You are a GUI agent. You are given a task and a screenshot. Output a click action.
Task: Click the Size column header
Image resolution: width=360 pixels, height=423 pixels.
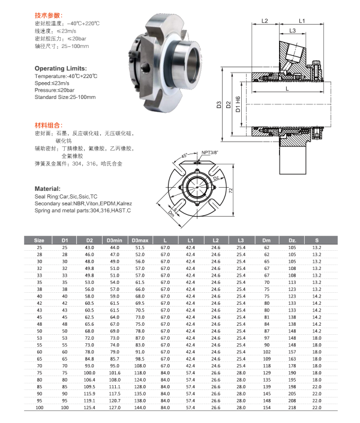click(25, 240)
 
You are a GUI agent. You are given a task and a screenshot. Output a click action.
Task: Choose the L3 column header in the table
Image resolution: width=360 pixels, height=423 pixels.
click(240, 240)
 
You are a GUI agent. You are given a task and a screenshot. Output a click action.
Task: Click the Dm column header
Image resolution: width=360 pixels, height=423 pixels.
click(267, 240)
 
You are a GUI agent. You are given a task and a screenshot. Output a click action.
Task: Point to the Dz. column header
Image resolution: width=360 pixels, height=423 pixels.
click(293, 240)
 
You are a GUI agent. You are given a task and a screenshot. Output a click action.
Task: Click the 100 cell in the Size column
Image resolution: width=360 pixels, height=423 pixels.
click(25, 408)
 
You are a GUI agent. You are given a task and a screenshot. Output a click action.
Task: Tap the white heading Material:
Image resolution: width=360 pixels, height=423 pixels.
click(46, 188)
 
